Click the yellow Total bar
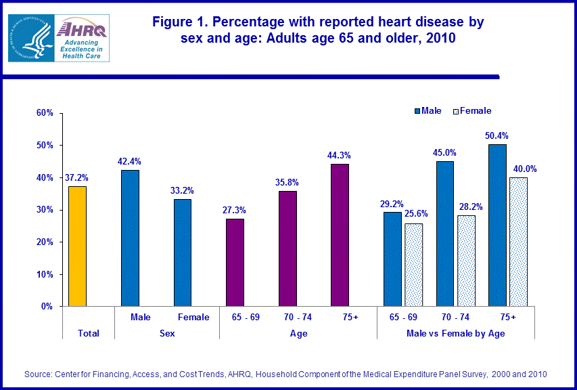78,246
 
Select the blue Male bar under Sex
130,238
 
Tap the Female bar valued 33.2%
183,253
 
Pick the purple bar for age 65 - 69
235,263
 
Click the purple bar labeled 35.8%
287,248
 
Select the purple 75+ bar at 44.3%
340,235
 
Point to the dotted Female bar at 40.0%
519,242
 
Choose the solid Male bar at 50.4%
497,225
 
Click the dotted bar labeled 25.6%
413,265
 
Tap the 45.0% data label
444,152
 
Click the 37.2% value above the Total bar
78,178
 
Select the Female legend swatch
455,110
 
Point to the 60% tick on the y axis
45,112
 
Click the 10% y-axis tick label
45,274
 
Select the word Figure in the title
175,22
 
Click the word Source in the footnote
39,374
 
